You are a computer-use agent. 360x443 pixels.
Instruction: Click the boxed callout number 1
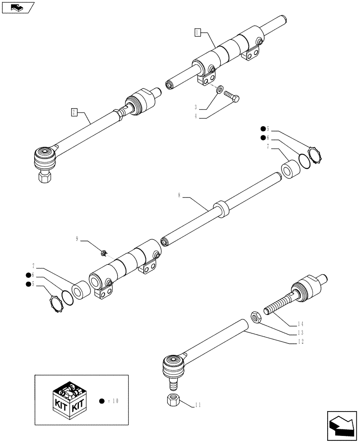198,32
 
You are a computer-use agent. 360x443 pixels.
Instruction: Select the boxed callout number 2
74,112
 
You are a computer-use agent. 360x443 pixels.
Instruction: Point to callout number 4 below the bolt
195,117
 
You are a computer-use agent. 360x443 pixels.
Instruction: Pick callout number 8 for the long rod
179,195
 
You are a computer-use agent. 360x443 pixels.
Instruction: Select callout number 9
77,239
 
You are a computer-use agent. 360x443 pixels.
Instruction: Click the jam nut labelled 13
256,317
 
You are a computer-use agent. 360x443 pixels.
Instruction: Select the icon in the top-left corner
17,8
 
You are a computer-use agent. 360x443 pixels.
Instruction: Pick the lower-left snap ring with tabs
57,306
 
